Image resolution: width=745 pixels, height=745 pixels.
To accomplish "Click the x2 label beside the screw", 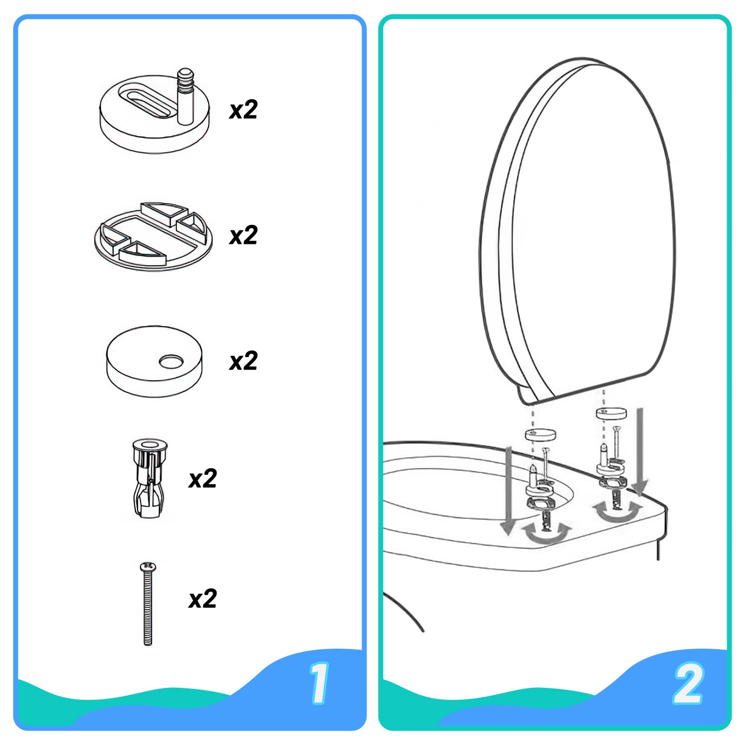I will coord(203,599).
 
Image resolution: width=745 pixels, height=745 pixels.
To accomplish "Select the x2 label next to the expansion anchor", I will coord(203,479).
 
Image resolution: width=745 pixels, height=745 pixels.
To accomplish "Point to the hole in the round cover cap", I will coord(171,362).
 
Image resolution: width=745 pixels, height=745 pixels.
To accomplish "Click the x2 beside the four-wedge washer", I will coord(243,235).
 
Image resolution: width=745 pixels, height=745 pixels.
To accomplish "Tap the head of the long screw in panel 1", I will coord(148,566).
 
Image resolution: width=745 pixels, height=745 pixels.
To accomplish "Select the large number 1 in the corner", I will coord(319,683).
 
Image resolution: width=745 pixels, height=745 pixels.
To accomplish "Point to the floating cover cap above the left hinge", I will coord(540,435).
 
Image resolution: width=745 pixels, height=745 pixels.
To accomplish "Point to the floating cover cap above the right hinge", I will coord(611,413).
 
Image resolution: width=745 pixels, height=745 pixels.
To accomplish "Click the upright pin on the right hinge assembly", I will coord(604,454).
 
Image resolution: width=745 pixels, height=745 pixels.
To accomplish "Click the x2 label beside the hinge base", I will coord(243,110).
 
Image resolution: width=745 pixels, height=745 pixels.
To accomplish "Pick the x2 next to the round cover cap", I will coord(243,361).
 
